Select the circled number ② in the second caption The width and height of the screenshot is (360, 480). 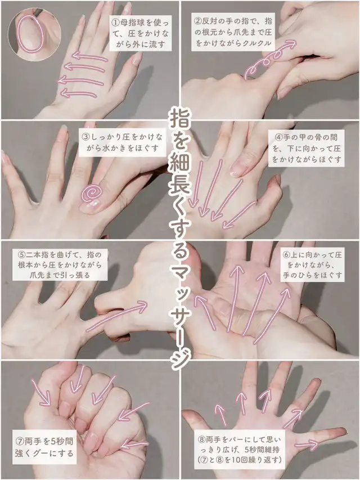[198, 21]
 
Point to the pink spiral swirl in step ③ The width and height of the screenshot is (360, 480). [91, 193]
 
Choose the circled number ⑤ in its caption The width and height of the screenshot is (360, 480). [21, 255]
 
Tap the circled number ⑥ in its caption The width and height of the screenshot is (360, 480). [286, 255]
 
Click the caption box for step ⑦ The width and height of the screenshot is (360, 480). [44, 447]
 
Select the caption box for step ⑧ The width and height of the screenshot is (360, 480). [240, 450]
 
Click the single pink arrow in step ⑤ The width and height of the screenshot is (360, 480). [116, 316]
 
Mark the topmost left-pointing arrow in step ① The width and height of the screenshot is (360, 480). [90, 56]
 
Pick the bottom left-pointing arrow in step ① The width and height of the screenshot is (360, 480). [79, 93]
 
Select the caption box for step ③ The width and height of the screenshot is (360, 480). [122, 143]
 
